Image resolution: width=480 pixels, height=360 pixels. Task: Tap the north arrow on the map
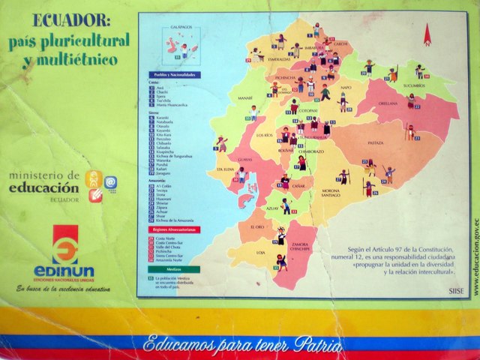(x=427, y=34)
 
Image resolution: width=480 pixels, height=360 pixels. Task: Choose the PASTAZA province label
(x=376, y=142)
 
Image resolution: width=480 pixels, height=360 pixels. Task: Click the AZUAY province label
(x=273, y=208)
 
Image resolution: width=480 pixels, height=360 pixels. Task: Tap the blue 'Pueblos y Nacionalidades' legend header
(x=170, y=75)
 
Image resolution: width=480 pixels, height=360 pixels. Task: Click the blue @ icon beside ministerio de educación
(x=110, y=181)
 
